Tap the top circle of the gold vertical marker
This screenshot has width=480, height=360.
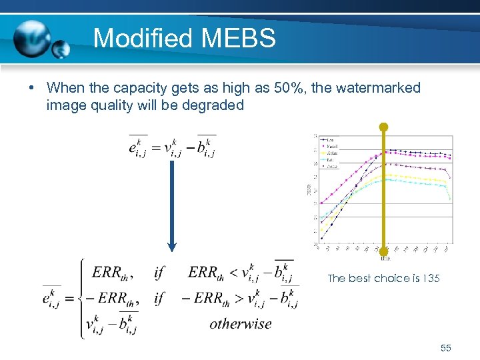tap(383, 126)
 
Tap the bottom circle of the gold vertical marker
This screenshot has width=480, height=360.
tap(383, 252)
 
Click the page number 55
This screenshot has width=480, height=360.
tap(446, 348)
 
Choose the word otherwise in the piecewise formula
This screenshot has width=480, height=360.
tap(241, 324)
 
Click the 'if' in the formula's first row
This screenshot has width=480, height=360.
tap(159, 272)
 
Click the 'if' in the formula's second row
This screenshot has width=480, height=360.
tap(159, 298)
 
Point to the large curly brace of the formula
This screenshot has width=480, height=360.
tap(82, 298)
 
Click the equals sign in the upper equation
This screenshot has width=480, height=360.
tap(160, 147)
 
